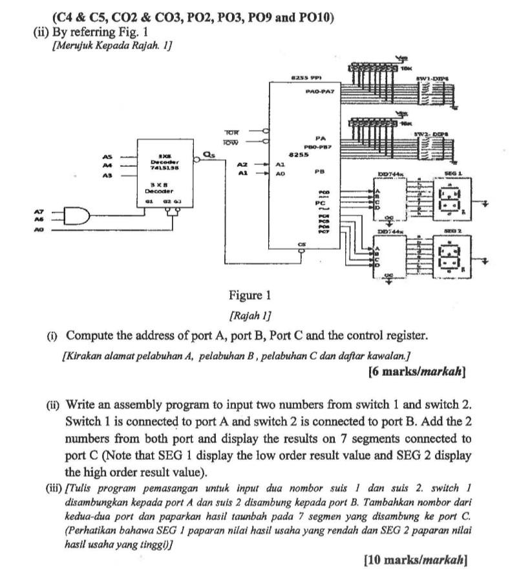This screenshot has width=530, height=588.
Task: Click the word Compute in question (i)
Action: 89,336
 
